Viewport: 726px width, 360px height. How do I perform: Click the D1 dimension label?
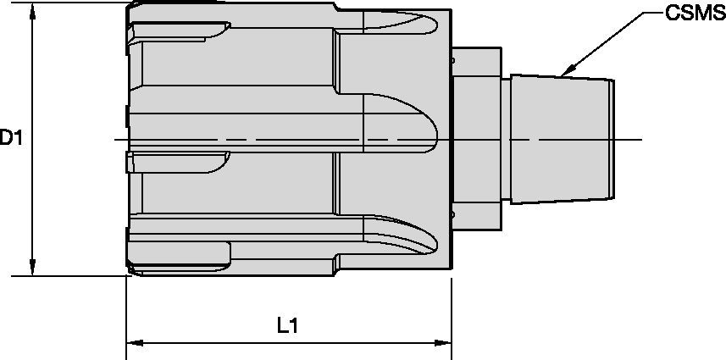point(11,137)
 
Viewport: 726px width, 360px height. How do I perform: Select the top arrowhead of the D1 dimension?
point(32,8)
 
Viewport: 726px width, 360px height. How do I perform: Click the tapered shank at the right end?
point(563,140)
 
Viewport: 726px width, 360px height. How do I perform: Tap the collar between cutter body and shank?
point(479,140)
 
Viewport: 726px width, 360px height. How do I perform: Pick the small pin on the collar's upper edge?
point(453,62)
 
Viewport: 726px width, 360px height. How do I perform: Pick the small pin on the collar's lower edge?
point(453,218)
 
